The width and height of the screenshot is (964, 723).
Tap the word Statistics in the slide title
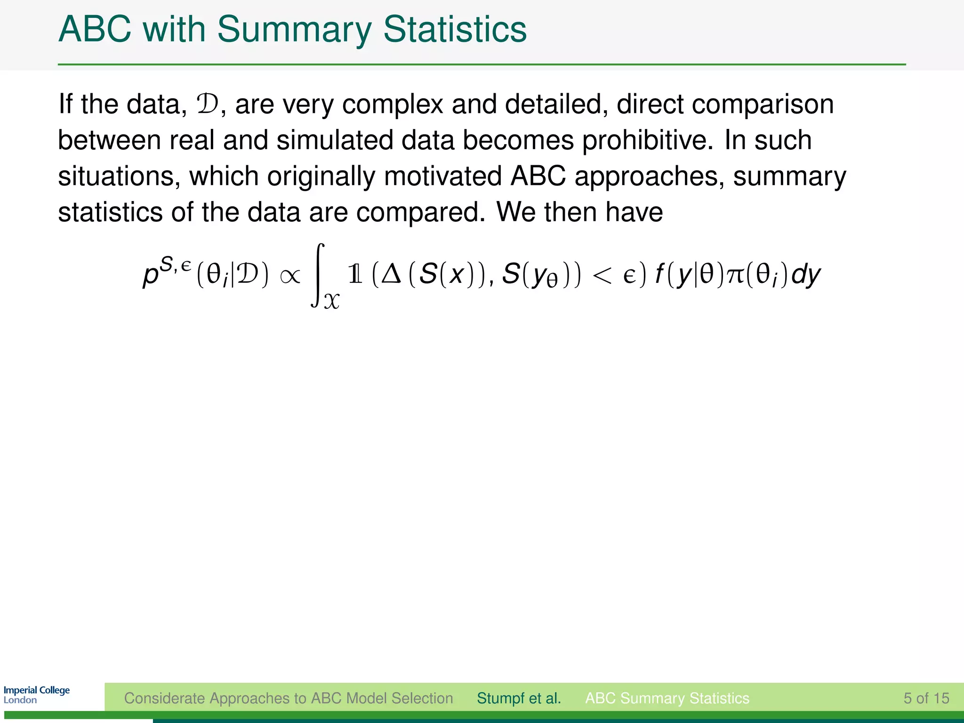point(455,29)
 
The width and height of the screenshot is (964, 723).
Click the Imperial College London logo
point(37,695)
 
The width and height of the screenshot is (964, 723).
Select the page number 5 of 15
point(926,698)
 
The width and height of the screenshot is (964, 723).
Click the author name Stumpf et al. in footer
point(519,698)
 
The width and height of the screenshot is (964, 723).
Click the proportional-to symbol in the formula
point(290,276)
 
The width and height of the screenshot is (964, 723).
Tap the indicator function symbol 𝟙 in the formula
point(355,274)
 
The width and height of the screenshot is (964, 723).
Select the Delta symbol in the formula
point(391,274)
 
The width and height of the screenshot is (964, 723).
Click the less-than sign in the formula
point(602,276)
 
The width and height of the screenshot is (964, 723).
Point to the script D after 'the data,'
point(208,104)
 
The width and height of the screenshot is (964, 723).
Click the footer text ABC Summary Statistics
point(667,698)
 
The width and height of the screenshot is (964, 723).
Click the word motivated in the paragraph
point(443,177)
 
